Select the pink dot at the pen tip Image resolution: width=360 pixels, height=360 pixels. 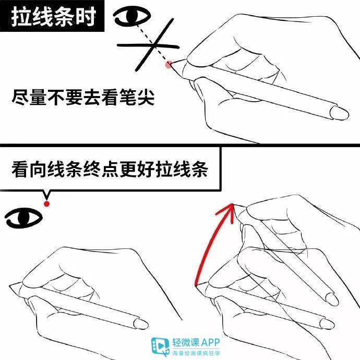pos(168,64)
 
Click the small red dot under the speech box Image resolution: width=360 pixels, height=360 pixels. pos(47,203)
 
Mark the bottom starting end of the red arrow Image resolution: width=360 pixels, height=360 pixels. pos(196,285)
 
